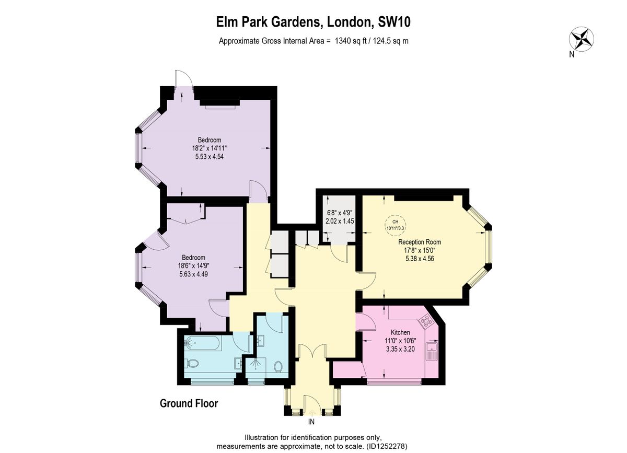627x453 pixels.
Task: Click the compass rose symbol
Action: coord(582,39)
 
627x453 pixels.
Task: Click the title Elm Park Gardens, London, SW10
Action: coord(313,22)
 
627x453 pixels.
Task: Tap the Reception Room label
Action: coord(420,242)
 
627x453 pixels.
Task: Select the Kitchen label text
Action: coord(400,332)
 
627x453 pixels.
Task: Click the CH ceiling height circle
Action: coord(395,225)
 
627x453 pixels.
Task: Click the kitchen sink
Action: coord(432,351)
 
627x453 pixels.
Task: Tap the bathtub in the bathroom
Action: coord(203,343)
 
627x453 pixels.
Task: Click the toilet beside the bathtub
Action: coord(192,364)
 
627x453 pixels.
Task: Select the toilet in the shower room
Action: coord(278,367)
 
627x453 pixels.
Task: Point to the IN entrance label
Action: coord(311,422)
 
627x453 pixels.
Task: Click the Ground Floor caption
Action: coord(189,403)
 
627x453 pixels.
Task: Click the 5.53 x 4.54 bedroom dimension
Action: coord(210,157)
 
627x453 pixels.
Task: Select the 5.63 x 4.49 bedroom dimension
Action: coord(193,274)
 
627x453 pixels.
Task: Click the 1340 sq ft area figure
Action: coord(351,41)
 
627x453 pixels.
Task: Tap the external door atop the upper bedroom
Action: coord(184,79)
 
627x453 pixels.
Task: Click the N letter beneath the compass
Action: coord(572,54)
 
